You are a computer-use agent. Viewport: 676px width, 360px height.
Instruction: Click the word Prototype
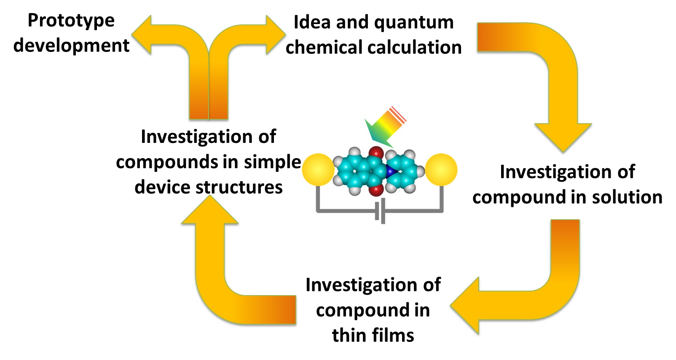click(71, 21)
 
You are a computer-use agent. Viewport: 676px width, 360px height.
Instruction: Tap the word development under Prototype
click(71, 46)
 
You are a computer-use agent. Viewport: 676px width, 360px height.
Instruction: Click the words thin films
click(373, 336)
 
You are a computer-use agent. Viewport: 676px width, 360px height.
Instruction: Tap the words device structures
click(209, 187)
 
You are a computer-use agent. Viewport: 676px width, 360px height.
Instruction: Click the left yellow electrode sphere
click(318, 170)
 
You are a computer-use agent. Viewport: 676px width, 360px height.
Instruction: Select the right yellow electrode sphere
click(441, 170)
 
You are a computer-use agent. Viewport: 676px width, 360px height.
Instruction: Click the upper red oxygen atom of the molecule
click(376, 153)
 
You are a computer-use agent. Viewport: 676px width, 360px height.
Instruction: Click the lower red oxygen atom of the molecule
click(376, 190)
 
